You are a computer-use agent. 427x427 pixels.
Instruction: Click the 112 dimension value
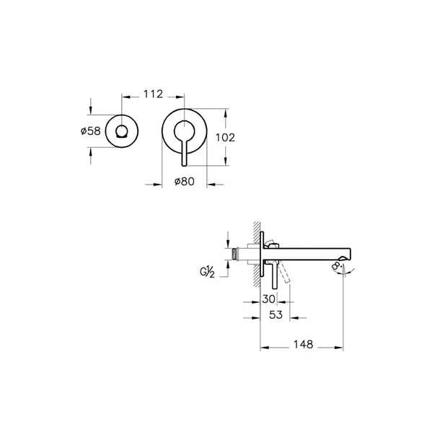point(154,94)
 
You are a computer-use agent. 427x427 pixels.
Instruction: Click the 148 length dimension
point(304,345)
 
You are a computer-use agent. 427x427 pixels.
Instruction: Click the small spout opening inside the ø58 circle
point(121,131)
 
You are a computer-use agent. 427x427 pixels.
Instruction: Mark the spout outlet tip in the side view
point(349,254)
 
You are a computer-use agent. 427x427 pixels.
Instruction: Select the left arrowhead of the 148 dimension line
point(263,345)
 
